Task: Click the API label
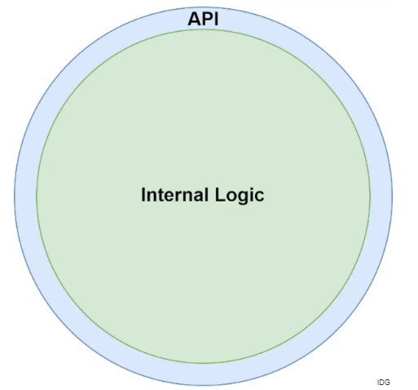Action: pyautogui.click(x=203, y=19)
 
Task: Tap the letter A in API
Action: pyautogui.click(x=194, y=19)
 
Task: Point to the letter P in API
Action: pyautogui.click(x=208, y=19)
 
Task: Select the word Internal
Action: pyautogui.click(x=174, y=195)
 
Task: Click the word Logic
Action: pyautogui.click(x=240, y=195)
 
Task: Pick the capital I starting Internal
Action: pyautogui.click(x=143, y=195)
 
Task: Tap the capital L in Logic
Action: pyautogui.click(x=220, y=195)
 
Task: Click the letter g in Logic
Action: pyautogui.click(x=242, y=198)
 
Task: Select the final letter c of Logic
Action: pyautogui.click(x=259, y=197)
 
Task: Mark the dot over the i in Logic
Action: pyautogui.click(x=251, y=188)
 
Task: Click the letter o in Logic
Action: pyautogui.click(x=231, y=197)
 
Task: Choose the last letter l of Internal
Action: pyautogui.click(x=206, y=195)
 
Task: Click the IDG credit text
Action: pyautogui.click(x=383, y=383)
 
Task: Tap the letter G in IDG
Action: pyautogui.click(x=387, y=383)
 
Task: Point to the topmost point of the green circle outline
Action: pyautogui.click(x=203, y=29)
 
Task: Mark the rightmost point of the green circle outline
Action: pyautogui.click(x=370, y=197)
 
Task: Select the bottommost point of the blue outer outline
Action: pyautogui.click(x=203, y=385)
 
